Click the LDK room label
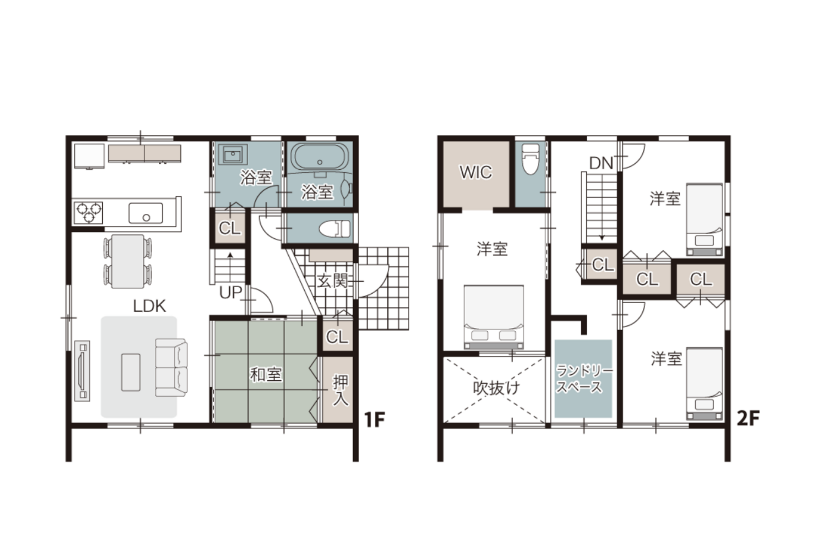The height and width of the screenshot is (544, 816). (x=150, y=306)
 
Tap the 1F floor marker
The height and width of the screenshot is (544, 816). (x=375, y=420)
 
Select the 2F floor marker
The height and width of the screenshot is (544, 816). (x=748, y=418)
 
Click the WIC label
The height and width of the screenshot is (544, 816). (x=476, y=172)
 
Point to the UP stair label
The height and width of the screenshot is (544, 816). (x=231, y=292)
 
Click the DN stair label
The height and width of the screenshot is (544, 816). (x=601, y=163)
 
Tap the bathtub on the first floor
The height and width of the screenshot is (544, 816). (x=320, y=157)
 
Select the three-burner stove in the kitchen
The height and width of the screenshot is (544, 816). (x=89, y=213)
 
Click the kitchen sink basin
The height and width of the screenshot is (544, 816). (x=146, y=213)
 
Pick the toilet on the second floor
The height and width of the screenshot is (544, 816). (x=530, y=159)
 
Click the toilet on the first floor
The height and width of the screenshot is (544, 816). (x=335, y=229)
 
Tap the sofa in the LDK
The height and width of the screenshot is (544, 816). (x=171, y=367)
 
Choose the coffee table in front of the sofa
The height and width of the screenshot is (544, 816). (x=131, y=372)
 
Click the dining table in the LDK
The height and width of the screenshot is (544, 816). (x=127, y=261)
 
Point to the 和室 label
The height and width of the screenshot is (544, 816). (x=266, y=374)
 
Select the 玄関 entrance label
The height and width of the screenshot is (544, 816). (x=332, y=281)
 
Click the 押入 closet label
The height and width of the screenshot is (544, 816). (x=341, y=390)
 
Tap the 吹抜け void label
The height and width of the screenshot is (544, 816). (x=496, y=388)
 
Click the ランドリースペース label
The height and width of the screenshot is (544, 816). (x=584, y=379)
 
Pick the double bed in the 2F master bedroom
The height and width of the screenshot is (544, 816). (x=493, y=317)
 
